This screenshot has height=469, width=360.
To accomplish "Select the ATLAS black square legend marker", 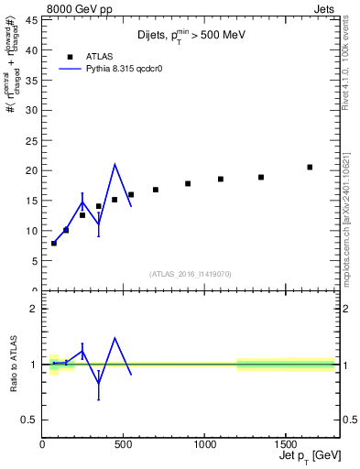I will [70, 55].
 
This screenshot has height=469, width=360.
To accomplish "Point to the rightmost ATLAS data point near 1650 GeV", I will [310, 167].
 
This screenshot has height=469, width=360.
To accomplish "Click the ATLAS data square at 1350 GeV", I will [261, 177].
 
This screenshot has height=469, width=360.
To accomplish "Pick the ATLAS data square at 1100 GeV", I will [221, 179].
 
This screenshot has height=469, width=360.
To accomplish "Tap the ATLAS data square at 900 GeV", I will [188, 183].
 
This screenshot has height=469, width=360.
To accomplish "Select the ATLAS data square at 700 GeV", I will [156, 190].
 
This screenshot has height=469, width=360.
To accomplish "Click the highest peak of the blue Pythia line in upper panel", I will [115, 165].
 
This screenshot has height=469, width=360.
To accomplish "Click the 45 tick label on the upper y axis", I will [30, 19].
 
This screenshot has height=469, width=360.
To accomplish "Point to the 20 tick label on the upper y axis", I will [30, 170].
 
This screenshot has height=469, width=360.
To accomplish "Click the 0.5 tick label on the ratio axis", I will [28, 420].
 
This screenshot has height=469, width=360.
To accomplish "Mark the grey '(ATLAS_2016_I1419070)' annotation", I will [191, 273].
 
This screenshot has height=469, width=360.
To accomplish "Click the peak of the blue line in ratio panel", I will [115, 338].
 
